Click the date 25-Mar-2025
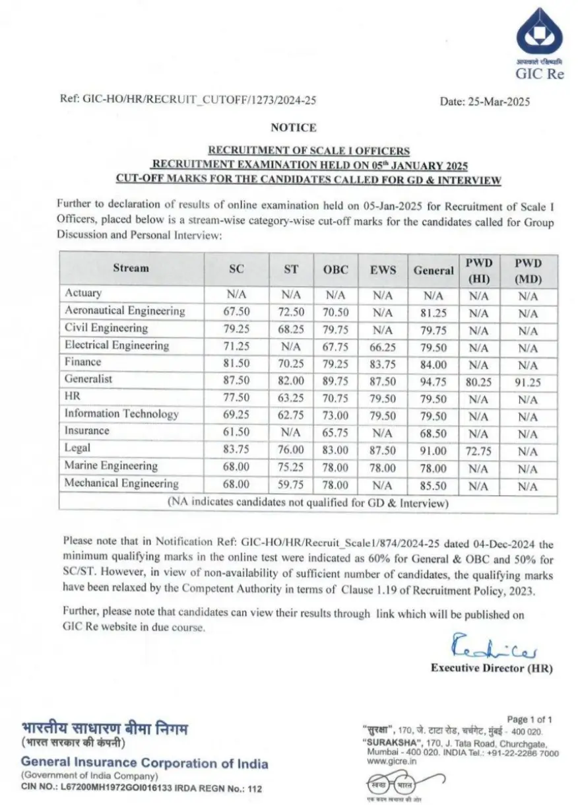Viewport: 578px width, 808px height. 485,102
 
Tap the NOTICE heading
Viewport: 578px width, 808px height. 293,127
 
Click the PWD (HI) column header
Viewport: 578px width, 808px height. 478,270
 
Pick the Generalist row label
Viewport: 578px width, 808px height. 88,379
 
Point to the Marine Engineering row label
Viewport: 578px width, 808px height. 111,465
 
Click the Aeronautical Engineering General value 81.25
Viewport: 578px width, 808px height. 433,312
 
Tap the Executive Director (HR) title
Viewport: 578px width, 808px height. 492,668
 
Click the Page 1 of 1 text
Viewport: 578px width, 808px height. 529,719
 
